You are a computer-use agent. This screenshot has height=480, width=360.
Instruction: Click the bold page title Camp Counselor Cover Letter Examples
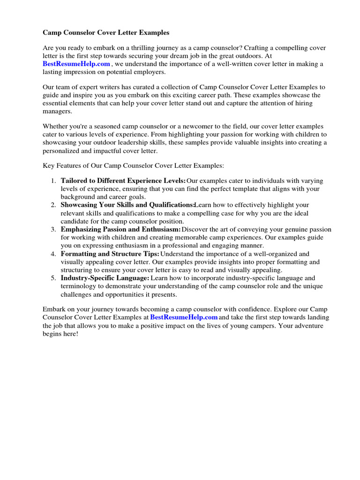[x=106, y=33]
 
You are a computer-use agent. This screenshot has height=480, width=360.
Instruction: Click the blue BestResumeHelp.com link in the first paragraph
[x=76, y=64]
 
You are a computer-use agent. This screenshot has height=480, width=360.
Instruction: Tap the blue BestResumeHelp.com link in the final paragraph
[x=184, y=317]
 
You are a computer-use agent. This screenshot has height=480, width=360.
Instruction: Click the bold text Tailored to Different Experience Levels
[x=123, y=181]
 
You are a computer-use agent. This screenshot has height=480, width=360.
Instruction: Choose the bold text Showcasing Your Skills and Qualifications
[x=127, y=205]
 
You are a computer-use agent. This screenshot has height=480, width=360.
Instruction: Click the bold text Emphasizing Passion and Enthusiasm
[x=120, y=230]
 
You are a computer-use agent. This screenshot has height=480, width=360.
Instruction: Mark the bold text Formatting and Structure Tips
[x=110, y=254]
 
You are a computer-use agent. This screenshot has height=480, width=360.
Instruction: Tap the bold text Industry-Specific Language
[x=105, y=278]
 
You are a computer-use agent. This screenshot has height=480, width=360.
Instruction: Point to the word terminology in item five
[x=80, y=286]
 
